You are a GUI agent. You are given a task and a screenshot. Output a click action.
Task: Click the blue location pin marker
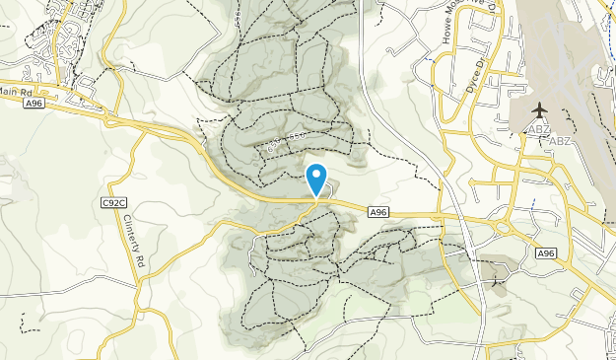316,179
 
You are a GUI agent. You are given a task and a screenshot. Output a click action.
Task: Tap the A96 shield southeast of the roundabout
546,253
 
